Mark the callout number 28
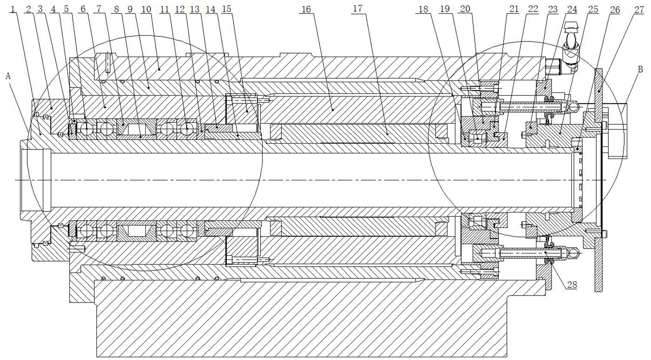(x=572, y=285)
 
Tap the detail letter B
(x=640, y=70)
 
